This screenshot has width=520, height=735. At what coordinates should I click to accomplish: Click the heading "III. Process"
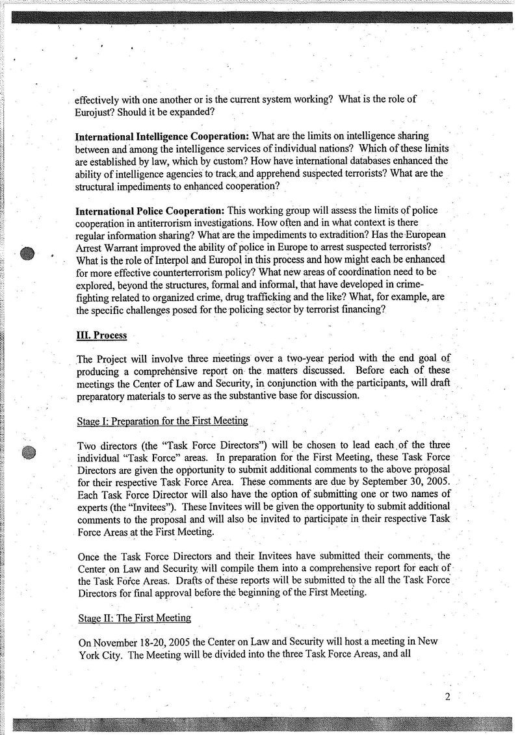pos(101,335)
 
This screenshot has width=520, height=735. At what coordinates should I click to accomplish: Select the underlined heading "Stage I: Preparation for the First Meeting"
pos(162,420)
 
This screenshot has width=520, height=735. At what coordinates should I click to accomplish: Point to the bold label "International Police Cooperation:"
pos(151,212)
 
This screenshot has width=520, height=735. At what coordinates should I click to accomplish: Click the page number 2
pos(448,697)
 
